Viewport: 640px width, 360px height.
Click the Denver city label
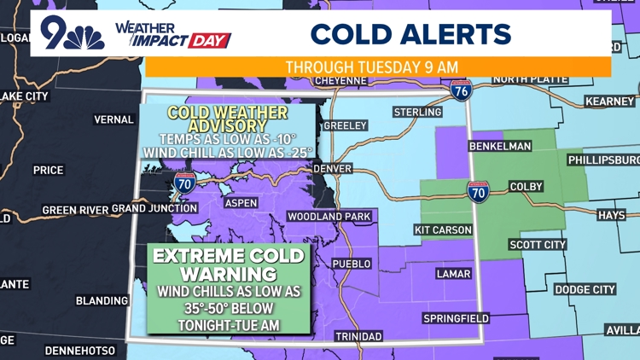coord(333,169)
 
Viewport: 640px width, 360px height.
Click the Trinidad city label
coord(358,336)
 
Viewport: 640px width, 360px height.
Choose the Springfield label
coord(457,318)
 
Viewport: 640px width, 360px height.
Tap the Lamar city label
coord(453,274)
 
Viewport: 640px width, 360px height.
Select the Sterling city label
coord(417,113)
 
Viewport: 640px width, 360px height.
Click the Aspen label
coord(241,203)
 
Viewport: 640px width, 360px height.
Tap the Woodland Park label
coord(329,217)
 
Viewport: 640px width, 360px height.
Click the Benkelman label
coord(500,146)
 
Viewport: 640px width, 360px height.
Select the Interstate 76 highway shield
coord(462,90)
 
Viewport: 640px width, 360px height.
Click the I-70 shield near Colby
coord(478,191)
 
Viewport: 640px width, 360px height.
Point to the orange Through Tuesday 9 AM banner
coord(378,67)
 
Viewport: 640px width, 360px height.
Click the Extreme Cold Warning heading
coord(229,264)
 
